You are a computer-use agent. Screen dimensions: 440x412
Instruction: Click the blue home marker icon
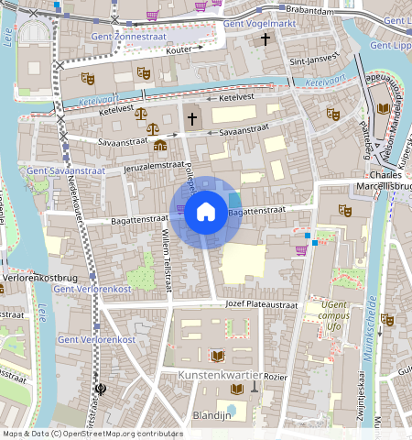pyautogui.click(x=206, y=213)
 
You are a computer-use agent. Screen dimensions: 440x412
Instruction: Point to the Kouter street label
pyautogui.click(x=180, y=49)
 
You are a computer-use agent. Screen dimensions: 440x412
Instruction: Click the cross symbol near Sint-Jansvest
pyautogui.click(x=266, y=39)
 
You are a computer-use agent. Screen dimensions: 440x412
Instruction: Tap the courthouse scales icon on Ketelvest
pyautogui.click(x=152, y=118)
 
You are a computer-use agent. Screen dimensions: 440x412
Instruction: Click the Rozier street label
pyautogui.click(x=276, y=377)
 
